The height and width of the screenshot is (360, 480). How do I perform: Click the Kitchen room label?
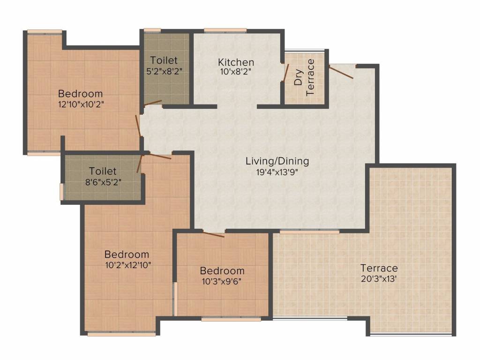point(236,62)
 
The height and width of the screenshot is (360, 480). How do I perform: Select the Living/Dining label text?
point(277,161)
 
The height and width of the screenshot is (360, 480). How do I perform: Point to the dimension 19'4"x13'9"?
point(277,172)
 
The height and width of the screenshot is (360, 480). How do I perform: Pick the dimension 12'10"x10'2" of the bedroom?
point(80,104)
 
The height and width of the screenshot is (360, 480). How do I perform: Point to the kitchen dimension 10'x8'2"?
point(236,72)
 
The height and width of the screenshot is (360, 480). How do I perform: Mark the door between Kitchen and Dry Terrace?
point(285,74)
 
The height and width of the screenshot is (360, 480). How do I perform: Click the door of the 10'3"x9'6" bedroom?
point(214,234)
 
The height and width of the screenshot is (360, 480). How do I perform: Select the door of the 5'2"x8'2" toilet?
point(153,102)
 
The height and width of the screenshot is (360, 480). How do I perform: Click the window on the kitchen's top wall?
point(225,31)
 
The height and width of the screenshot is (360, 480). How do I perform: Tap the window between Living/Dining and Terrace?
point(309,232)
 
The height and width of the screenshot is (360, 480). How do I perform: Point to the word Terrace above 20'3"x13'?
point(379,268)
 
